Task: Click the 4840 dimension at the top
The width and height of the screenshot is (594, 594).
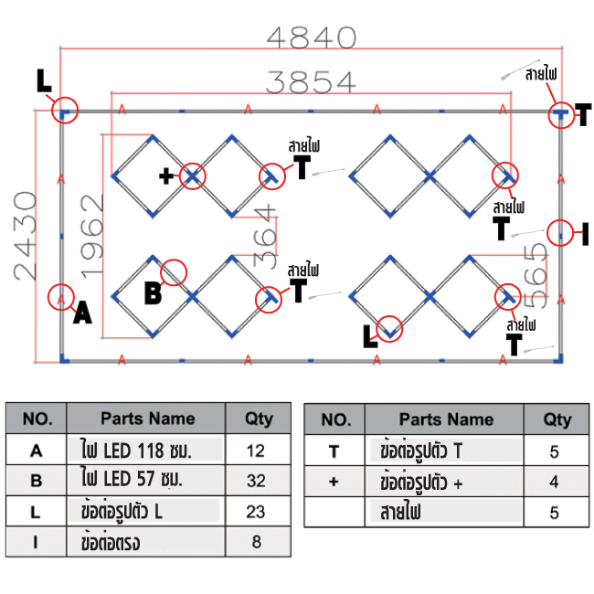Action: (311, 38)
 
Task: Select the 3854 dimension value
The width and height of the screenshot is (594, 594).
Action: (311, 82)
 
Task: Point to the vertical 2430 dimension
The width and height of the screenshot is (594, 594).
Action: (25, 235)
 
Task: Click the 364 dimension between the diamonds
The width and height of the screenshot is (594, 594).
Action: (264, 236)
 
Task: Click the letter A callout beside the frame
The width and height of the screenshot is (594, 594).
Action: (82, 314)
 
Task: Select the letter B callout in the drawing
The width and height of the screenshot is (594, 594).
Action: (153, 293)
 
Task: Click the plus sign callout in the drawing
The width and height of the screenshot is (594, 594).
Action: (166, 176)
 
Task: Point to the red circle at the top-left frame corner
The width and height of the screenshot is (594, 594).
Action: (64, 111)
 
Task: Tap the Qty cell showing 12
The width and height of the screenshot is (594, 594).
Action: (260, 450)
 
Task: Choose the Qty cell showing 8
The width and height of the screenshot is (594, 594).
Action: (260, 542)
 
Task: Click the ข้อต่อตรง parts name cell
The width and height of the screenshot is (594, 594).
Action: (145, 542)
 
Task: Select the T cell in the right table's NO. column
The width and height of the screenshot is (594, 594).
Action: (334, 450)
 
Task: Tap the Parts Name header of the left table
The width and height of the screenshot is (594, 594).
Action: (145, 419)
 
